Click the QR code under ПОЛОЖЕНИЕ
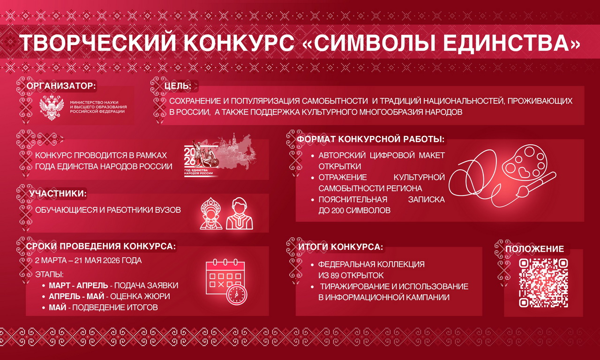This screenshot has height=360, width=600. click(543, 283)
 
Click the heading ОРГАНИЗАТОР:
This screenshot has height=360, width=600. click(61, 86)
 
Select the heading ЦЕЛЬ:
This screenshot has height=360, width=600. click(178, 86)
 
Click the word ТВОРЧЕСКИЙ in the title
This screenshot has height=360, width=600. click(97, 43)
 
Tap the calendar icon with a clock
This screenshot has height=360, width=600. click(226, 282)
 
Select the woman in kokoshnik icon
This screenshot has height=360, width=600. click(211, 214)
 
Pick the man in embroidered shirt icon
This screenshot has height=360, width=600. click(240, 214)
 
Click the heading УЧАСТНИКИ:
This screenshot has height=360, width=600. click(58, 194)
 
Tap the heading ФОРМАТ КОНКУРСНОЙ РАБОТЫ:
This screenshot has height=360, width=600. click(371, 139)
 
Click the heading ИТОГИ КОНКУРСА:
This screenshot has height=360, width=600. click(341, 247)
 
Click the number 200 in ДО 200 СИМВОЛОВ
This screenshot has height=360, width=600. click(337, 210)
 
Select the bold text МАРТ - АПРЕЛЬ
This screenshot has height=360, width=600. click(78, 285)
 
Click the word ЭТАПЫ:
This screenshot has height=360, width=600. click(49, 275)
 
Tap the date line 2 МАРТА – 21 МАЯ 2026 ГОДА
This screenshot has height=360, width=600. click(89, 260)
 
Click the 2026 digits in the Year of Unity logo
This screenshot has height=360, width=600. click(190, 157)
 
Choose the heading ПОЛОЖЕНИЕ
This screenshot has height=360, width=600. click(535, 249)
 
